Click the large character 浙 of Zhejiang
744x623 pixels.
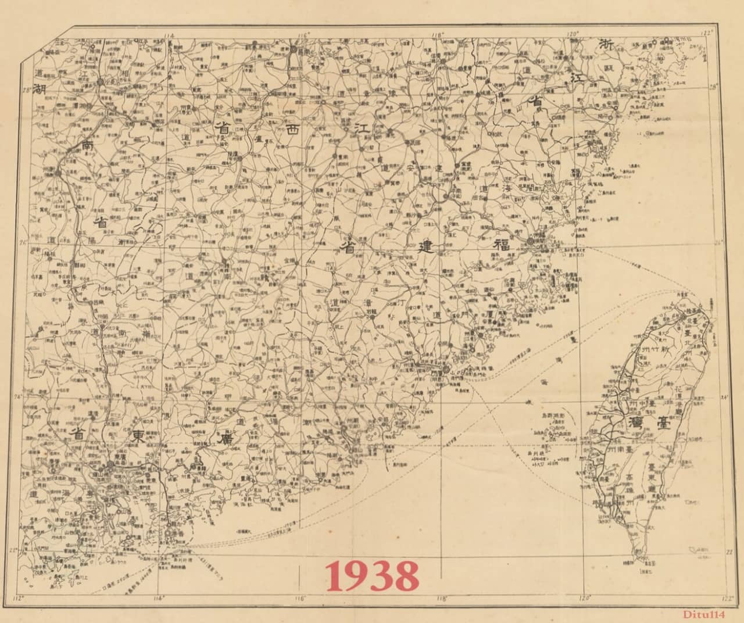[607, 44]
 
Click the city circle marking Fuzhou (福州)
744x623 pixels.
[531, 241]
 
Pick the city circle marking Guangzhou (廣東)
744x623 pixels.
[110, 466]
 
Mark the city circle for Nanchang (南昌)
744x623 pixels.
[294, 51]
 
